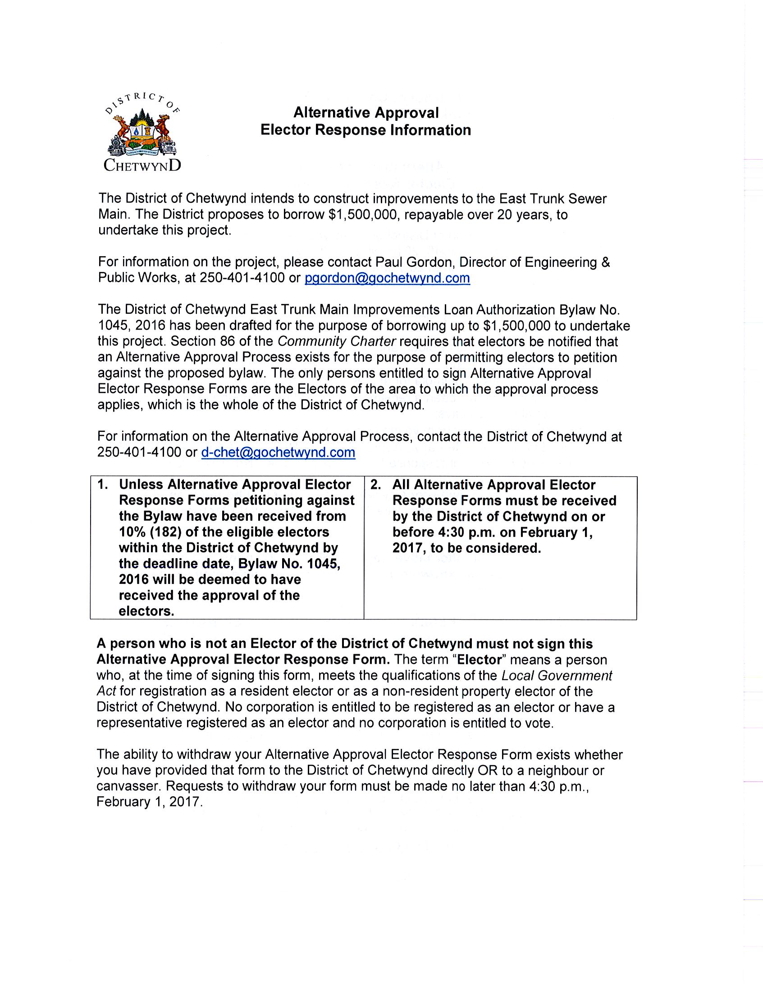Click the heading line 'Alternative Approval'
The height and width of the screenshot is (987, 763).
(x=366, y=113)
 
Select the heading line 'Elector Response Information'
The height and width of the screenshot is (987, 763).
(x=366, y=130)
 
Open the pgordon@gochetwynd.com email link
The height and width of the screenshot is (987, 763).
(x=387, y=278)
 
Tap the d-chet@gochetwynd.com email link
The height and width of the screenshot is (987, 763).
(x=278, y=452)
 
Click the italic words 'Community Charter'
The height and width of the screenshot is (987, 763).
(x=337, y=341)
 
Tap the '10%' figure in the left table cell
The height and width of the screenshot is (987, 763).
(x=131, y=532)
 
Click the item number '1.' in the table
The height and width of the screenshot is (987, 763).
(x=103, y=484)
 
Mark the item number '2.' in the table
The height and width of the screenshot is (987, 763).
(x=375, y=485)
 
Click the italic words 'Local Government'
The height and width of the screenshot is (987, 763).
(x=557, y=675)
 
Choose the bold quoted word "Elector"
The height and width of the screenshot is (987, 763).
(x=480, y=660)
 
